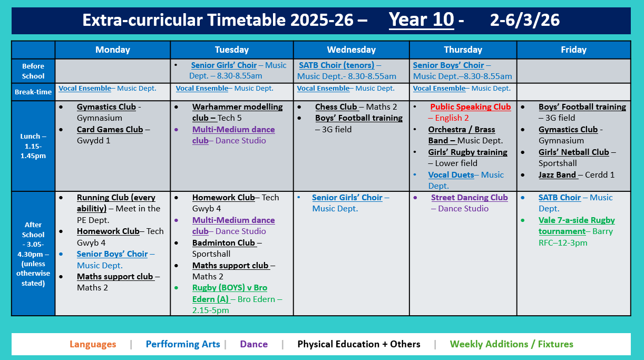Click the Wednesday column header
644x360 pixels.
pos(351,50)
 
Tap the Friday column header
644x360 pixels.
pos(573,50)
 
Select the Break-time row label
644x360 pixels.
pos(33,92)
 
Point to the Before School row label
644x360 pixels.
pos(33,71)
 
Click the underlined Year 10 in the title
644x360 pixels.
pos(421,20)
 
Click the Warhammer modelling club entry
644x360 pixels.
pos(237,112)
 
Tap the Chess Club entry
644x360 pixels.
pos(336,107)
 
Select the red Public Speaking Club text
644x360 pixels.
pos(470,107)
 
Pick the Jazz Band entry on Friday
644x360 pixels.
pos(557,174)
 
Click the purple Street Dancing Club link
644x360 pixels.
pos(469,198)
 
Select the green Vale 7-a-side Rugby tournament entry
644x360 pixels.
pos(577,226)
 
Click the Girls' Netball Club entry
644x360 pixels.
pos(573,152)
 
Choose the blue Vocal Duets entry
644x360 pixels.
pos(451,175)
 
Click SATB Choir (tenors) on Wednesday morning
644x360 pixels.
pos(337,65)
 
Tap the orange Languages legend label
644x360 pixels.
pos(93,344)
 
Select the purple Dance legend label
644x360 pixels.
pos(253,344)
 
